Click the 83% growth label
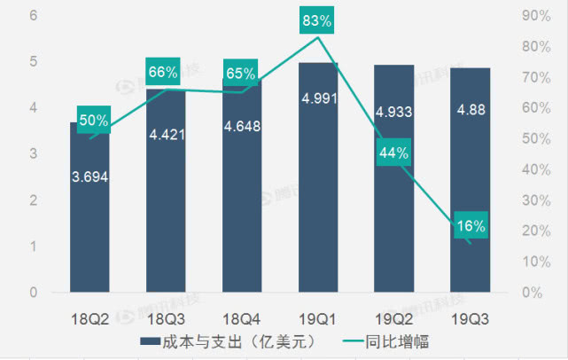(x=317, y=20)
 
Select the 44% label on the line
(x=393, y=153)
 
